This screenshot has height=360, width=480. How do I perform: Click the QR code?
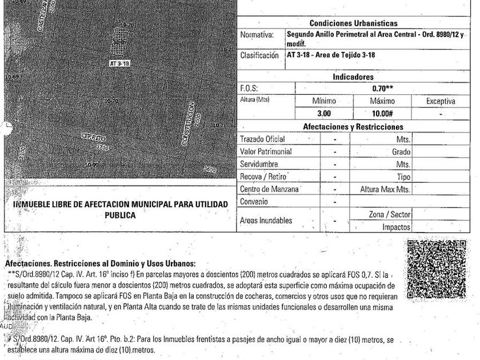pyautogui.click(x=437, y=269)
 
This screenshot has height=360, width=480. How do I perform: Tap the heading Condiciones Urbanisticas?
pyautogui.click(x=353, y=23)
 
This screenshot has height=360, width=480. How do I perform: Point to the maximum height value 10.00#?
pyautogui.click(x=383, y=113)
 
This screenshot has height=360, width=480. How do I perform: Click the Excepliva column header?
pyautogui.click(x=441, y=101)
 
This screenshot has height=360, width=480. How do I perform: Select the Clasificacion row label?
pyautogui.click(x=259, y=55)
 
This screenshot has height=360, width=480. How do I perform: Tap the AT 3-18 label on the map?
pyautogui.click(x=120, y=63)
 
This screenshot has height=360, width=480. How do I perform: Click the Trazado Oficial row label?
pyautogui.click(x=262, y=139)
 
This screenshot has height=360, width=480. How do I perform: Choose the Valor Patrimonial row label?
pyautogui.click(x=266, y=151)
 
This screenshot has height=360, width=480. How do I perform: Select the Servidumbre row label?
pyautogui.click(x=261, y=164)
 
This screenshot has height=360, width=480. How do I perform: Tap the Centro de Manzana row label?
pyautogui.click(x=270, y=189)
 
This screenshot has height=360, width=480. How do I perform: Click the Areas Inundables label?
pyautogui.click(x=266, y=220)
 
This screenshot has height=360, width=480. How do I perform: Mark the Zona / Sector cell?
pyautogui.click(x=389, y=214)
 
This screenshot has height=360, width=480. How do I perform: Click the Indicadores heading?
pyautogui.click(x=353, y=77)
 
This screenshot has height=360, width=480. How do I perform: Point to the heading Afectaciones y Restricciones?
pyautogui.click(x=353, y=127)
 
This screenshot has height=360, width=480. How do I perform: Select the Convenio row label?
pyautogui.click(x=254, y=202)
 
